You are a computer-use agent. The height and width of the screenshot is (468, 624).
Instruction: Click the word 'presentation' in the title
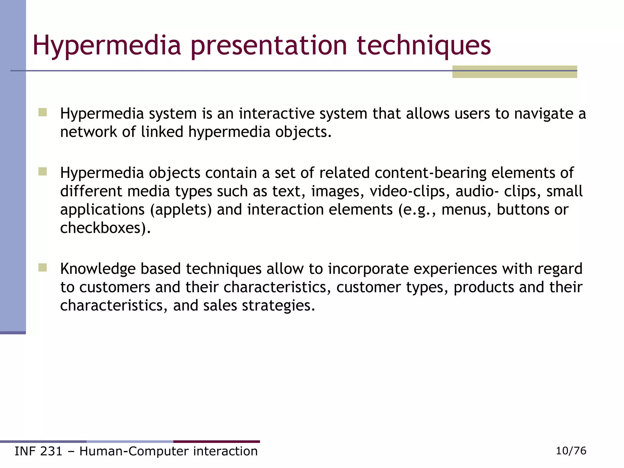(x=269, y=46)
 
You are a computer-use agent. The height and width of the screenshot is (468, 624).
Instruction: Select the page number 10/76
(x=571, y=451)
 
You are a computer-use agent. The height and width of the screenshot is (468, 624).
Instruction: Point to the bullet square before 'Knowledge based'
(x=43, y=268)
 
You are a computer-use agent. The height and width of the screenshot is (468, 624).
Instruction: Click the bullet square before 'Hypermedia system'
(x=43, y=112)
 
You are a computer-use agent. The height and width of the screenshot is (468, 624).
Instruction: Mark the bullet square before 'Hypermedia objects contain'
(x=43, y=172)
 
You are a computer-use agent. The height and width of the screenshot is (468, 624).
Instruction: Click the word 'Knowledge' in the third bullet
(x=97, y=269)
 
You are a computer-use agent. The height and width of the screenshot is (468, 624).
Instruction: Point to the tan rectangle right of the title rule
(x=514, y=72)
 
